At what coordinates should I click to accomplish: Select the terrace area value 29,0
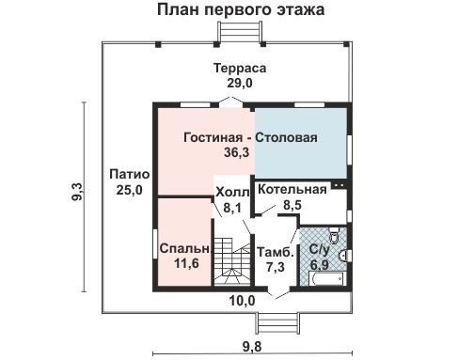coord(239,84)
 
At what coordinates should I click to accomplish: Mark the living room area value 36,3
coord(229,152)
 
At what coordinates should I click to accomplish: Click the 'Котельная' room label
coord(292,188)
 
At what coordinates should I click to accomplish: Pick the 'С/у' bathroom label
coord(318,251)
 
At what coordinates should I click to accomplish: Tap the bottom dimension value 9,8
coord(251,346)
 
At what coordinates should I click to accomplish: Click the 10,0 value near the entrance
coord(243,301)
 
